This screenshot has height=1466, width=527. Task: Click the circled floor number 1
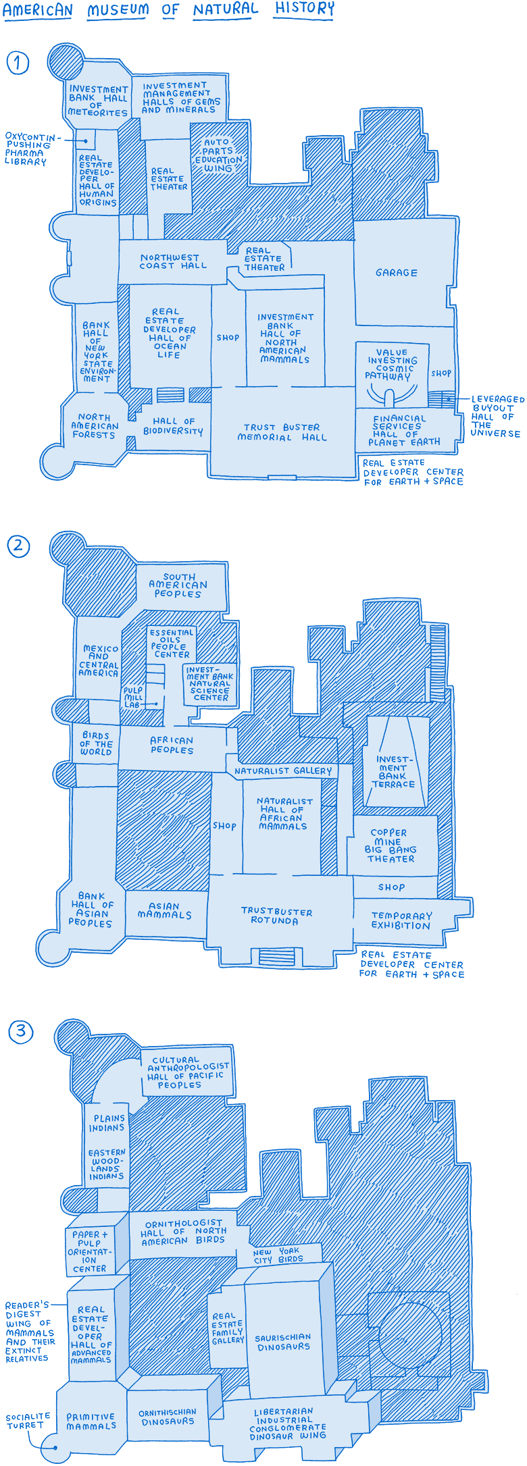pos(18,63)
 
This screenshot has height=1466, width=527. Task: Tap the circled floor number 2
pos(18,545)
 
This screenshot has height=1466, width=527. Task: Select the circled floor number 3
pos(20,1031)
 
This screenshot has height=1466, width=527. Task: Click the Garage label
pos(397,273)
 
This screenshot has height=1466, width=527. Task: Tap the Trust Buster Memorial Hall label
pos(282,432)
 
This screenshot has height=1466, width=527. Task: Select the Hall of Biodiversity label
pos(173,426)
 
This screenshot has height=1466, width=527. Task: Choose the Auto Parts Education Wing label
pos(218,155)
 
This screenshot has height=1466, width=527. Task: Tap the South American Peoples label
pos(178,585)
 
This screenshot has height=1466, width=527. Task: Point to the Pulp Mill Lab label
pos(133,698)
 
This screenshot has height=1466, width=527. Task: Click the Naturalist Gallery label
pos(283,770)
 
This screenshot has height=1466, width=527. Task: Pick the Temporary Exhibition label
pos(401,920)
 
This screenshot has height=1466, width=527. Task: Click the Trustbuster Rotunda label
pos(276,916)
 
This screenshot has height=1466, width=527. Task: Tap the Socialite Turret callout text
pos(28,1421)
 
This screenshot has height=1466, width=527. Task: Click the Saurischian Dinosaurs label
pos(283,1342)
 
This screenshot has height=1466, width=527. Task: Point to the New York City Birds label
pos(278,1255)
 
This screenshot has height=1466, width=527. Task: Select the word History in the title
pos(304,9)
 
